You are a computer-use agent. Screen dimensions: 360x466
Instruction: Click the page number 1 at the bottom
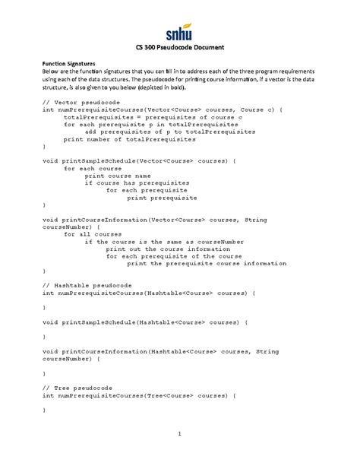coord(180,434)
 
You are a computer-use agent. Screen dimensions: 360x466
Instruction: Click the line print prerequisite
coord(161,198)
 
